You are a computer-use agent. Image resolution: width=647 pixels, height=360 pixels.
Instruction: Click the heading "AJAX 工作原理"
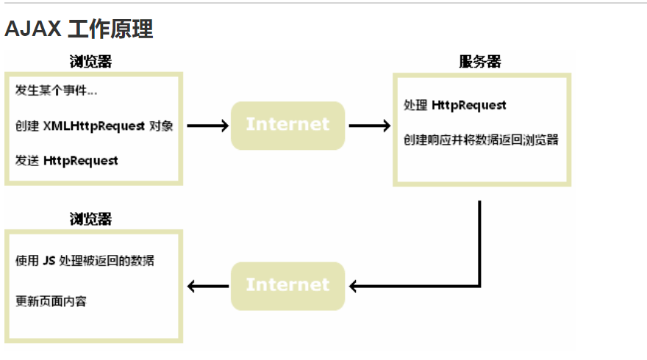click(79, 29)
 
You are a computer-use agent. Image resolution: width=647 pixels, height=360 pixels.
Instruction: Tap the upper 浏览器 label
click(91, 62)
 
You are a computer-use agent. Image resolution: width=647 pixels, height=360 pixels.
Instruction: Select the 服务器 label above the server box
click(480, 62)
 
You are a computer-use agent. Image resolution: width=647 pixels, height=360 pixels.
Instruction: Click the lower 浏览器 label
click(91, 219)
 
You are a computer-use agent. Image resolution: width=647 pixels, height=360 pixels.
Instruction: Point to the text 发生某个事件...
click(56, 91)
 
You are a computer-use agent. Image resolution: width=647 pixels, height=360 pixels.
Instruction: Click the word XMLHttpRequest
click(94, 126)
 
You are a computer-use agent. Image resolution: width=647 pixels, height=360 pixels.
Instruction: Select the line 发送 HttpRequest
click(66, 160)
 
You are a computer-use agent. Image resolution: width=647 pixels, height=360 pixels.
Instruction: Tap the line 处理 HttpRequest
click(455, 105)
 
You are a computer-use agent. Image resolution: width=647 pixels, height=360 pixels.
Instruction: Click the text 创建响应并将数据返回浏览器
click(481, 140)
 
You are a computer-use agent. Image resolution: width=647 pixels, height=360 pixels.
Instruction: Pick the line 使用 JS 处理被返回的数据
click(85, 261)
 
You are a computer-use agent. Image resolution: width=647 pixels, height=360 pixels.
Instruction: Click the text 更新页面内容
click(51, 301)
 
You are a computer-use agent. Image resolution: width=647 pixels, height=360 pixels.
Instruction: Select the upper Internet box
click(287, 125)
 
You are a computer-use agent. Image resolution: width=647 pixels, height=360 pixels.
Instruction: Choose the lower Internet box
click(287, 285)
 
